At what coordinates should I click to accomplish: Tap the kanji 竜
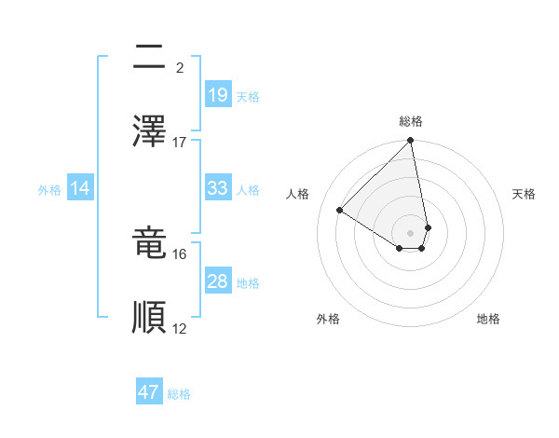click(x=149, y=242)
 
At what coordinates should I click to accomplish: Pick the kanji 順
click(x=149, y=317)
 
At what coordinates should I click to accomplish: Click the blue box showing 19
click(x=217, y=94)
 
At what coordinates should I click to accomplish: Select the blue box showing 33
click(x=217, y=188)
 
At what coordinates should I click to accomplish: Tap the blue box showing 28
click(x=217, y=281)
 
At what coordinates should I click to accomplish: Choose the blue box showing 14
click(x=79, y=188)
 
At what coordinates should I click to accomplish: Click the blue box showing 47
click(x=149, y=392)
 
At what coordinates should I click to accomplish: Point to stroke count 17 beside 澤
click(x=180, y=143)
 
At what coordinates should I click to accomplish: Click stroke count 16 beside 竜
click(x=180, y=253)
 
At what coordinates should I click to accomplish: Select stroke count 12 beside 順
click(x=180, y=328)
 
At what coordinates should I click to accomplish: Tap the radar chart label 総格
click(x=411, y=121)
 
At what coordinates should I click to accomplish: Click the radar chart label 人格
click(x=298, y=194)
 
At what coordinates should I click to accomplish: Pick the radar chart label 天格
click(x=524, y=194)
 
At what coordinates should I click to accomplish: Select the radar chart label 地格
click(x=488, y=319)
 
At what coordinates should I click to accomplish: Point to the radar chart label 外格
click(x=328, y=319)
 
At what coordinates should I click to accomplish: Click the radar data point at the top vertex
click(x=411, y=142)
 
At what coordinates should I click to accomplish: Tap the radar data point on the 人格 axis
click(x=340, y=210)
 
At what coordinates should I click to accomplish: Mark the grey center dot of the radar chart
click(x=411, y=232)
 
